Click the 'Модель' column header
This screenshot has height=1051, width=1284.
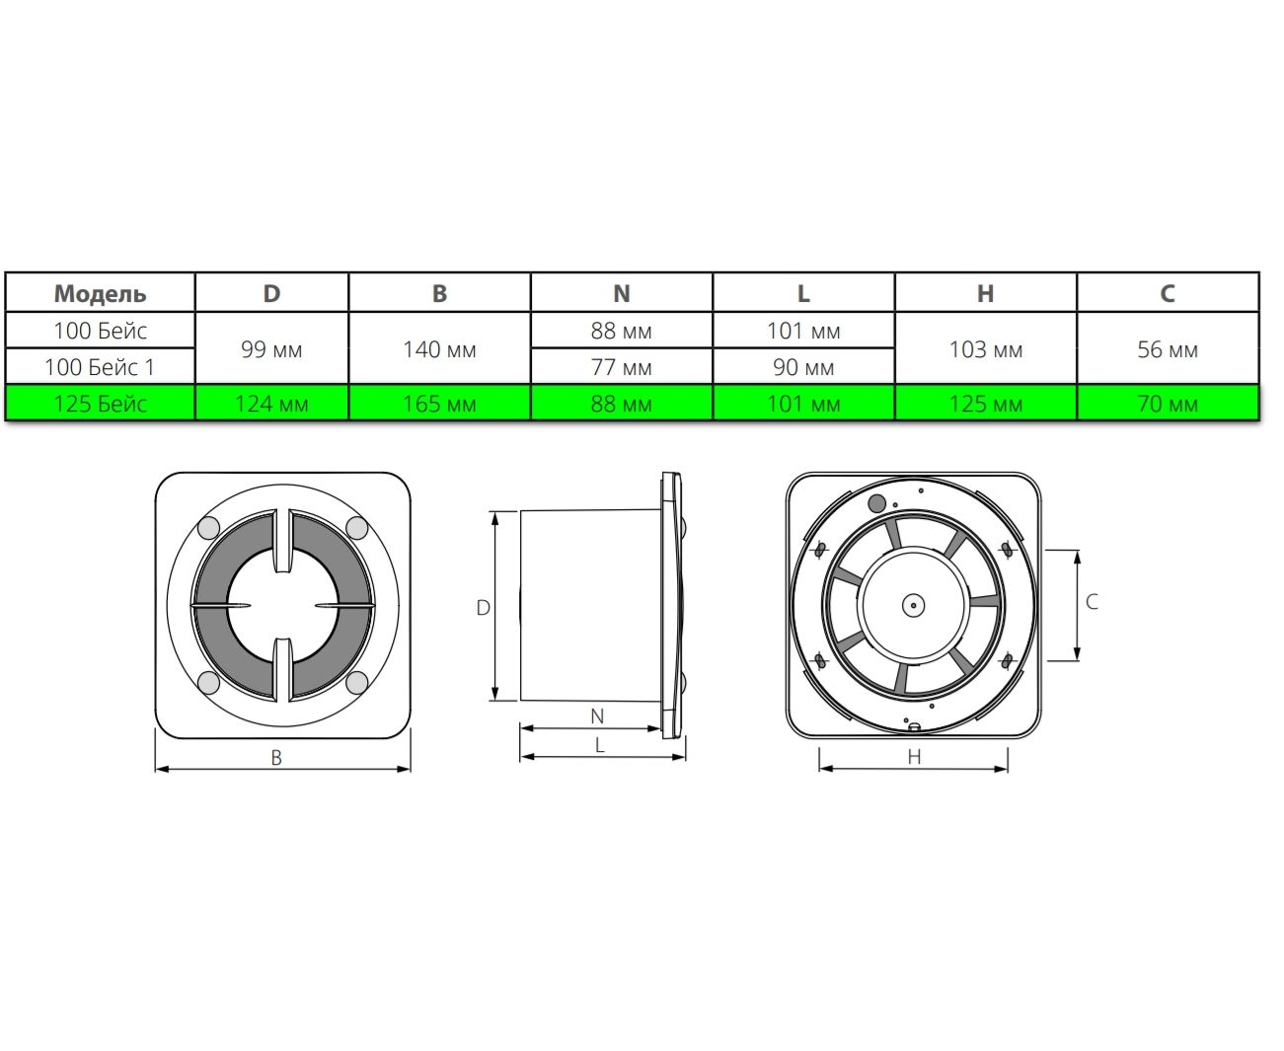[x=100, y=293]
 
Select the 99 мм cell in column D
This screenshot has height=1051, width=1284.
[x=271, y=349]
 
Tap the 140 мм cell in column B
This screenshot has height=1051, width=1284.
[x=439, y=349]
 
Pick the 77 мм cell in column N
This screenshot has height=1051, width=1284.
[x=621, y=367]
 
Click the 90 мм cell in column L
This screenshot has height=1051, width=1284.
[x=803, y=367]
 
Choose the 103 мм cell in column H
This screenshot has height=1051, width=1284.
[x=985, y=349]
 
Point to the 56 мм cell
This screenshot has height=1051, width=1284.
[x=1168, y=349]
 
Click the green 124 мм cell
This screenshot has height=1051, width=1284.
[x=271, y=403]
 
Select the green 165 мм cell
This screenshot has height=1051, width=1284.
[x=439, y=403]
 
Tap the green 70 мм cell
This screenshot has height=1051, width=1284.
[x=1168, y=403]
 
